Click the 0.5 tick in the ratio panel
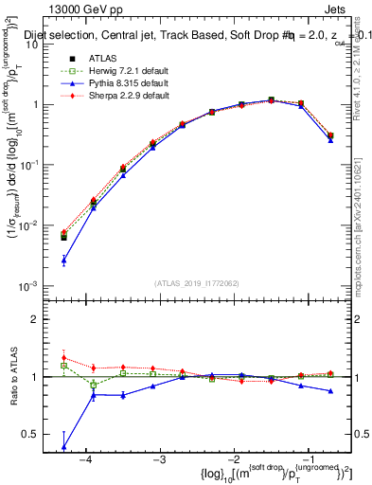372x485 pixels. pyautogui.click(x=37, y=435)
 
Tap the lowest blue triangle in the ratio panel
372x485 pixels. pyautogui.click(x=63, y=446)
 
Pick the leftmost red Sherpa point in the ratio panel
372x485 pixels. pyautogui.click(x=63, y=358)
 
